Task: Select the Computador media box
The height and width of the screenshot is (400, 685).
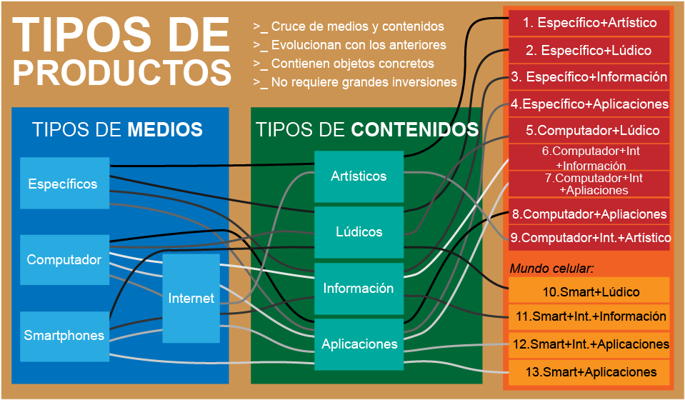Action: (64, 260)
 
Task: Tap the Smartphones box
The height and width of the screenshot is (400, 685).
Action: (64, 336)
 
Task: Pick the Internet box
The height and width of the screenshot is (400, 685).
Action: (191, 298)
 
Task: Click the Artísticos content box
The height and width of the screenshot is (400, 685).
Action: (359, 176)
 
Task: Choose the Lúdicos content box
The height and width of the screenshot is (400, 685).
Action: (359, 232)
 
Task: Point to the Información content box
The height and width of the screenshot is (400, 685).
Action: (359, 289)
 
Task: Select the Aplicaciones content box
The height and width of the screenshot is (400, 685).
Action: (359, 344)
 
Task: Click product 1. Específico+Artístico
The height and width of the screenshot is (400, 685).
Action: (589, 23)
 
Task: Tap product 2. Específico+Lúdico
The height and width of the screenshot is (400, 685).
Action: (589, 50)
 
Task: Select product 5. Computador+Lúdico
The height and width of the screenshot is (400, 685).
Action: (589, 131)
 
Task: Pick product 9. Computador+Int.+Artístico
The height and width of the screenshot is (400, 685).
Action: (589, 237)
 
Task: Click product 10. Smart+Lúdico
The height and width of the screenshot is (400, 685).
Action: (589, 291)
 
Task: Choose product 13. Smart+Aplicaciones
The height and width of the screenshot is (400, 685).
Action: (589, 371)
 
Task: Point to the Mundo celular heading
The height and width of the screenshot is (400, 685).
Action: (552, 269)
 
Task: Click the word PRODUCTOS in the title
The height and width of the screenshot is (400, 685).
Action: (123, 72)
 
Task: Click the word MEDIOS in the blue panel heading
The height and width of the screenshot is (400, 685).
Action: (165, 130)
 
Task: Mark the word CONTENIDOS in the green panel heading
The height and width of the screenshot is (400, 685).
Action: (414, 130)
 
